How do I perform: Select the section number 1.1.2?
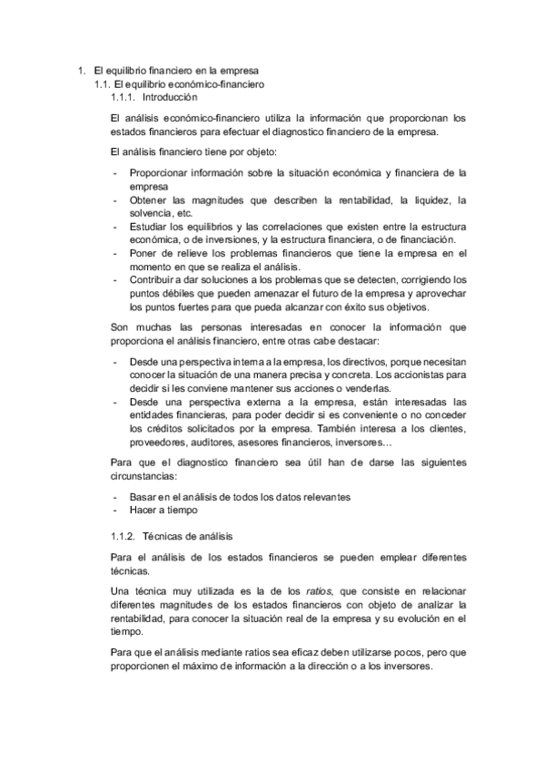[x=122, y=536]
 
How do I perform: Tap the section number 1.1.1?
[x=122, y=97]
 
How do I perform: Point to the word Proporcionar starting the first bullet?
[x=161, y=171]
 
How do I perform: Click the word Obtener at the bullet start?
[x=149, y=200]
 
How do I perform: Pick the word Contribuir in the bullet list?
[x=153, y=280]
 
